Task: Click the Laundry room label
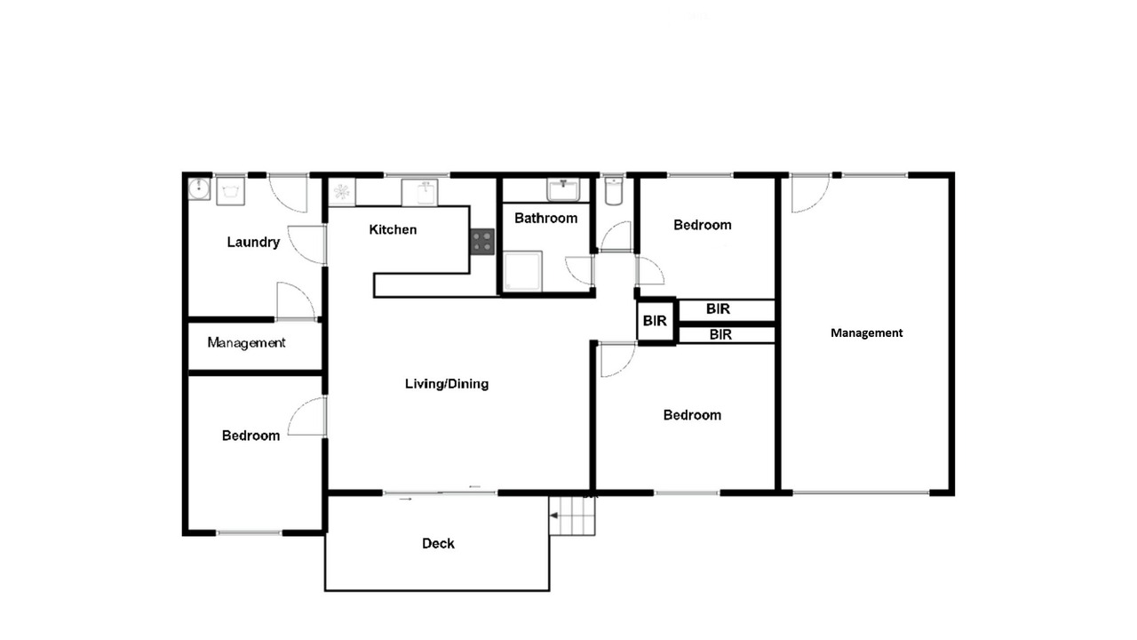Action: coord(253,243)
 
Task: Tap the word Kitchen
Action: coord(393,229)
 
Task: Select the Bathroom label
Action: coord(546,219)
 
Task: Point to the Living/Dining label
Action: coord(447,384)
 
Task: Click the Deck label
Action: coord(438,543)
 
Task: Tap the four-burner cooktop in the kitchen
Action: coord(481,242)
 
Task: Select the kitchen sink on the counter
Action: coord(420,193)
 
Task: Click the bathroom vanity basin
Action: coord(563,189)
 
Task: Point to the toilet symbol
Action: coord(614,191)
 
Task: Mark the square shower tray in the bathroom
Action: coord(523,271)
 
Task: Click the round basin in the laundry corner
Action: coord(199,189)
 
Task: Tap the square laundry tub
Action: coord(230,191)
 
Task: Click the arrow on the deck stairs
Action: coord(553,516)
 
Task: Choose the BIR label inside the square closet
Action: coord(655,321)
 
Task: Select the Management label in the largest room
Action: coord(866,333)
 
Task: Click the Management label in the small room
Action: coord(246,343)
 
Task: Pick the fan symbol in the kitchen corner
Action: coord(342,192)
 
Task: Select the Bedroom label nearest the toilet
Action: coord(703,225)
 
